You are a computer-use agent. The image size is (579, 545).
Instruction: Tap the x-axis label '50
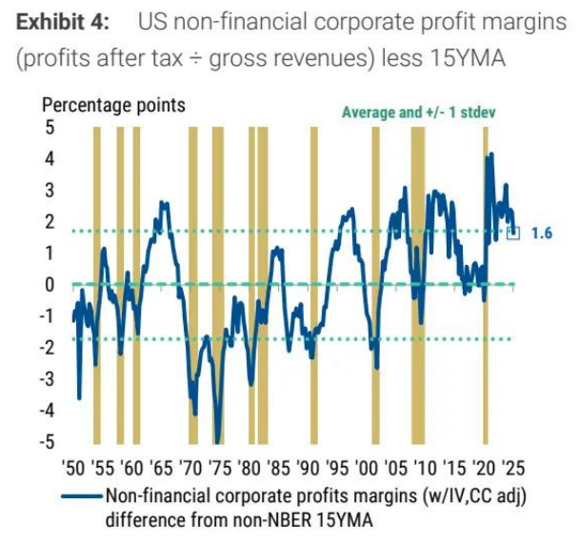pyautogui.click(x=73, y=469)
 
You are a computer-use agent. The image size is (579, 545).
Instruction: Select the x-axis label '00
pyautogui.click(x=368, y=469)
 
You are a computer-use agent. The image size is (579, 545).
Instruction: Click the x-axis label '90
pyautogui.click(x=309, y=469)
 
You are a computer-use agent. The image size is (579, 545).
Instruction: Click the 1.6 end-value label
pyautogui.click(x=542, y=232)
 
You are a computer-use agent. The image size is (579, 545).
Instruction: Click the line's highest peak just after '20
pyautogui.click(x=491, y=153)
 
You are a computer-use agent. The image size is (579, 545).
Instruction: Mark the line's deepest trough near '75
pyautogui.click(x=218, y=441)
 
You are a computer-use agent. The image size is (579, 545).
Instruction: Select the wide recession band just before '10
pyautogui.click(x=417, y=286)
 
